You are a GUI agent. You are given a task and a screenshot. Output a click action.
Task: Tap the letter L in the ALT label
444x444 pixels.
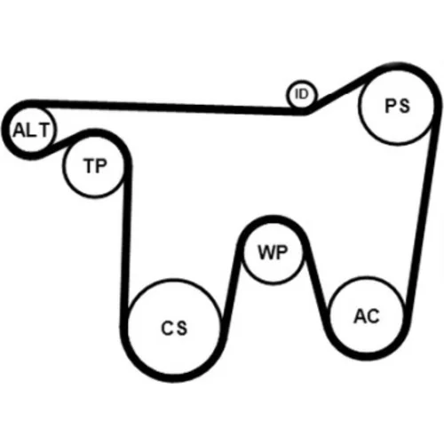click(31, 131)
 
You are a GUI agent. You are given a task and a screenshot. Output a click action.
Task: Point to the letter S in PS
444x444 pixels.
click(404, 106)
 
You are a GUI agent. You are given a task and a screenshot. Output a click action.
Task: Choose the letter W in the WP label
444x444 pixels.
click(266, 253)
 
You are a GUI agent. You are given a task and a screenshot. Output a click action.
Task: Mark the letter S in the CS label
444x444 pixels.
click(181, 328)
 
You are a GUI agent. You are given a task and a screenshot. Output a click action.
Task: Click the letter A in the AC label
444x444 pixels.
click(361, 316)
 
